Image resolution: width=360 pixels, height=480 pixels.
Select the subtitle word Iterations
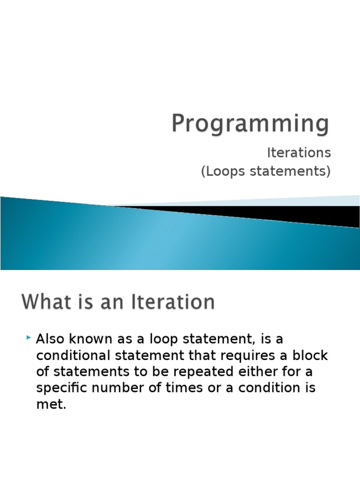[299, 153]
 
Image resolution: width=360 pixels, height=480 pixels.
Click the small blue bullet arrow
[29, 337]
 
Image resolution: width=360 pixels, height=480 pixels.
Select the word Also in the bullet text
[50, 339]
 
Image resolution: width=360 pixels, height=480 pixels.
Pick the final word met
[51, 405]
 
